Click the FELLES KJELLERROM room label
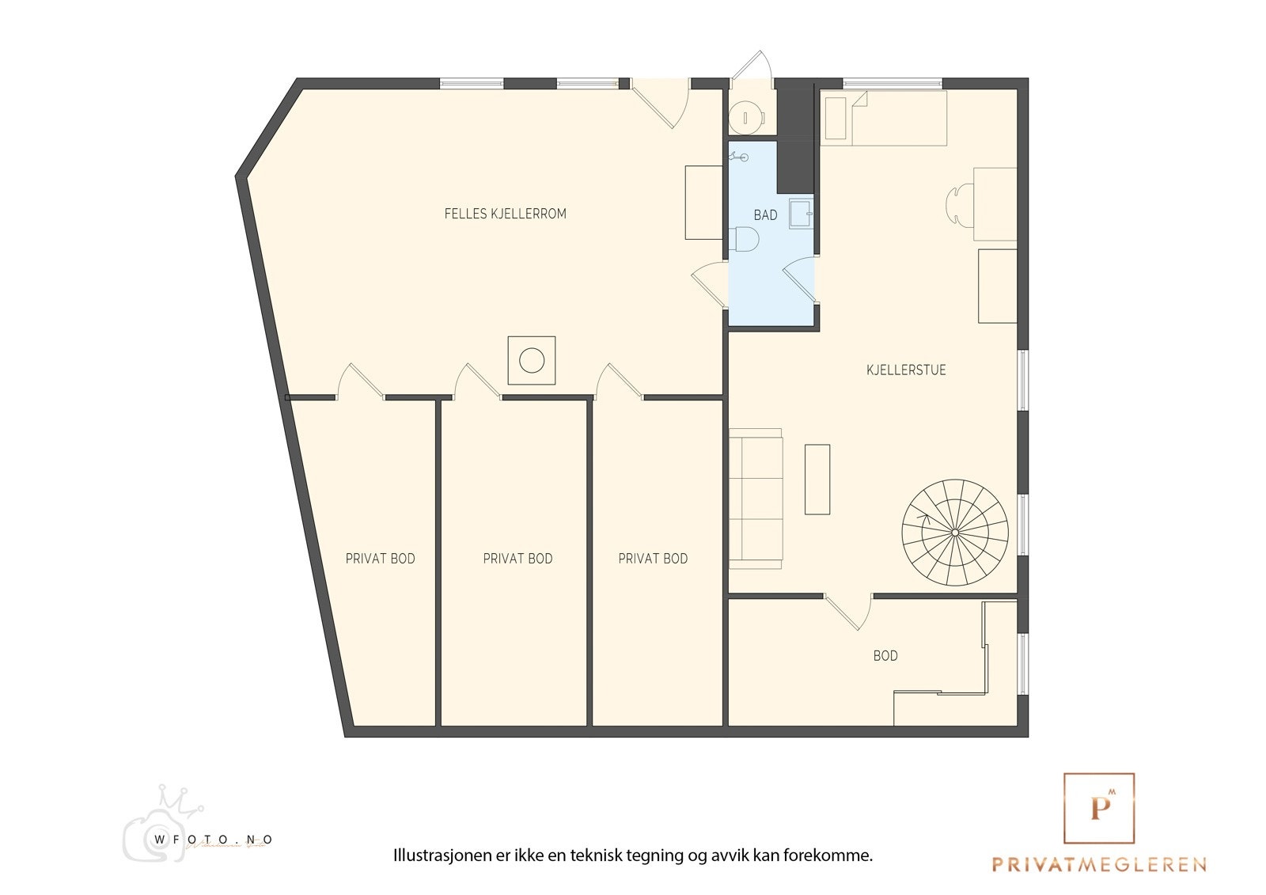[x=505, y=214]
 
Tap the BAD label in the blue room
[x=765, y=215]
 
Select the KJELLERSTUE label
[x=906, y=370]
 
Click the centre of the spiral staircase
[x=955, y=533]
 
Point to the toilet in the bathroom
[x=745, y=238]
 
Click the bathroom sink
[x=800, y=213]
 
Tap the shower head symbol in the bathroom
[x=739, y=157]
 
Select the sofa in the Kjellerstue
[x=756, y=499]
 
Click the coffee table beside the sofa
[x=817, y=480]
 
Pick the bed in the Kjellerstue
[x=884, y=118]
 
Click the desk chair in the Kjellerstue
[x=959, y=204]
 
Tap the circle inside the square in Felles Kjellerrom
[x=532, y=361]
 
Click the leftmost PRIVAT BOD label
[x=380, y=559]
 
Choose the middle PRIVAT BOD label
[x=517, y=559]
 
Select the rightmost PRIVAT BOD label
[x=653, y=559]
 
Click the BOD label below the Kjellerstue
[x=885, y=656]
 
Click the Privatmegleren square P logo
[x=1098, y=808]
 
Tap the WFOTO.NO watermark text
[x=214, y=840]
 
